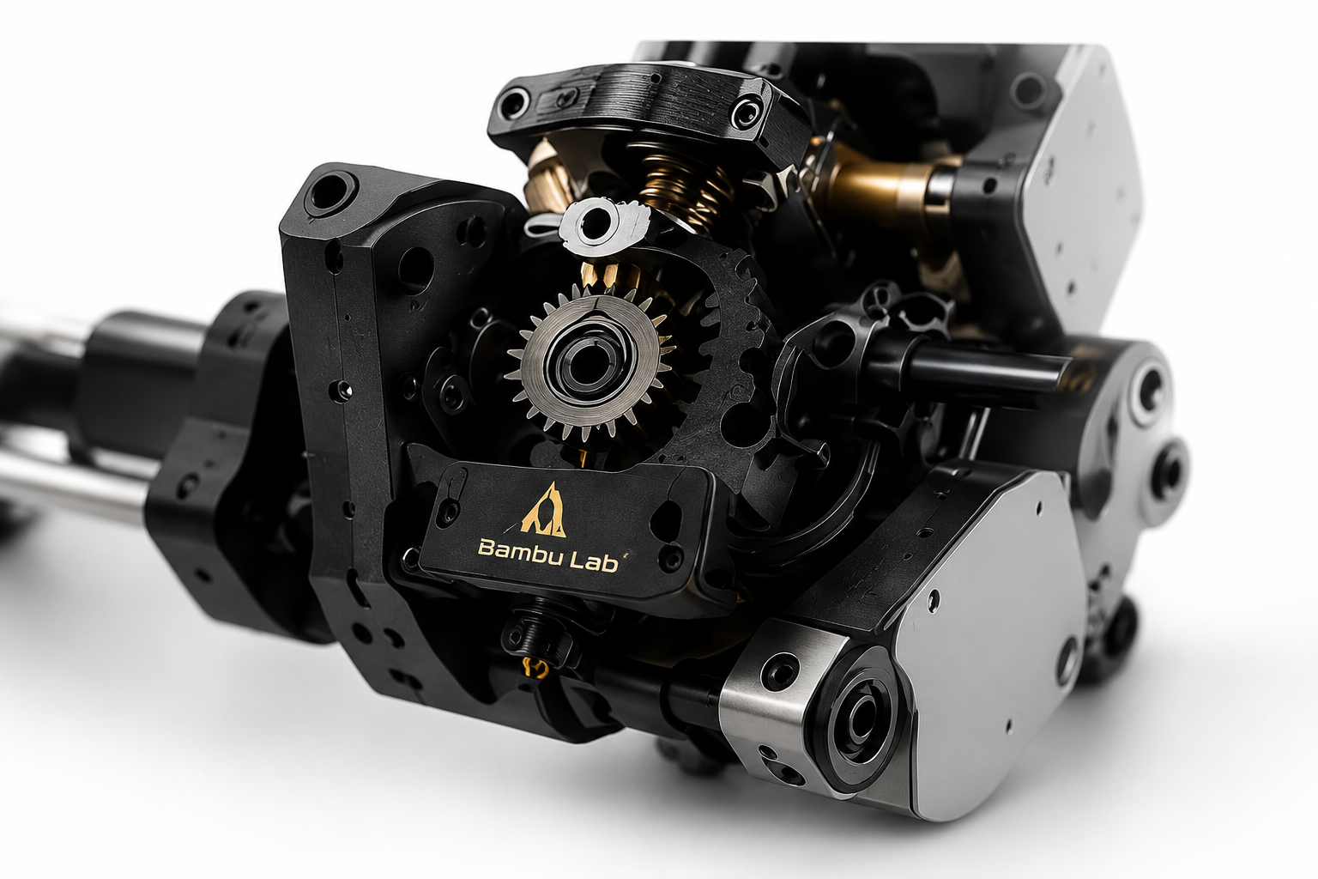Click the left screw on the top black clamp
(513, 102)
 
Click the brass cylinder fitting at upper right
(883, 183)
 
